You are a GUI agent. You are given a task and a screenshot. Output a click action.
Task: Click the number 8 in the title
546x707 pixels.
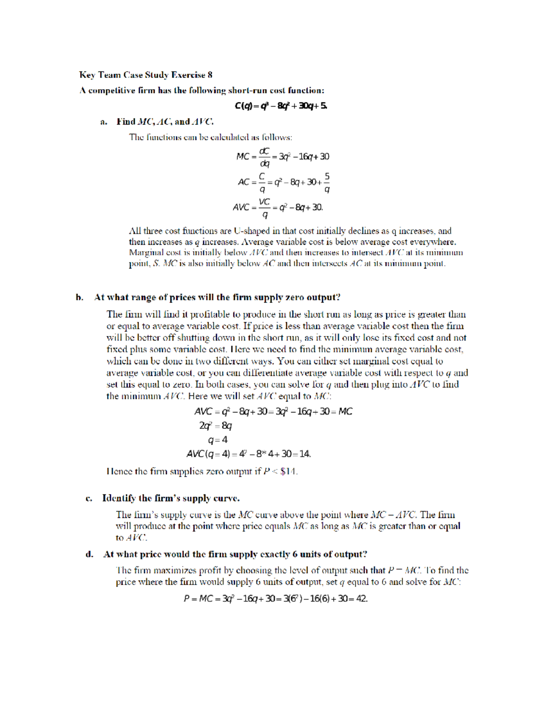click(210, 75)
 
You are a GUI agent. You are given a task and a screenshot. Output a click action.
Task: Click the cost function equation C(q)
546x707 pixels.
click(281, 106)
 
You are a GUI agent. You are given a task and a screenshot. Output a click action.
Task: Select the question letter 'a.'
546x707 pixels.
click(104, 122)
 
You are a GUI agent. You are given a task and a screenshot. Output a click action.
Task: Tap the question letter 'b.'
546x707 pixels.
click(80, 298)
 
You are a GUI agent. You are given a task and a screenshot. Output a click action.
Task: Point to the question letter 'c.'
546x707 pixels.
click(89, 498)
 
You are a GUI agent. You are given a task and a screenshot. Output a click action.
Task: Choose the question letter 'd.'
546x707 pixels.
click(90, 554)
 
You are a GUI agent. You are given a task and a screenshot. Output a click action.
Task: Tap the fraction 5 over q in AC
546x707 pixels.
click(327, 183)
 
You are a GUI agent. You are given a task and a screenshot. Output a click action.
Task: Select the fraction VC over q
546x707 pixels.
click(264, 208)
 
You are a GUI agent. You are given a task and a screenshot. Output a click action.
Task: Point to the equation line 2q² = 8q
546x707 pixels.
click(215, 426)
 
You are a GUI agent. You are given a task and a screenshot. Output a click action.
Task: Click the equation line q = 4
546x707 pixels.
click(217, 440)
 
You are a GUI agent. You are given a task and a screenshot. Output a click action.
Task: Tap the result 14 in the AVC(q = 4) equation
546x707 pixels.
click(304, 454)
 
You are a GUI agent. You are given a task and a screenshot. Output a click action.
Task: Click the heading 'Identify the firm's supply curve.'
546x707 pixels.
click(171, 498)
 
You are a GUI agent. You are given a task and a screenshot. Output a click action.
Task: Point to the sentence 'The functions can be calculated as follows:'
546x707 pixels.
click(210, 137)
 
